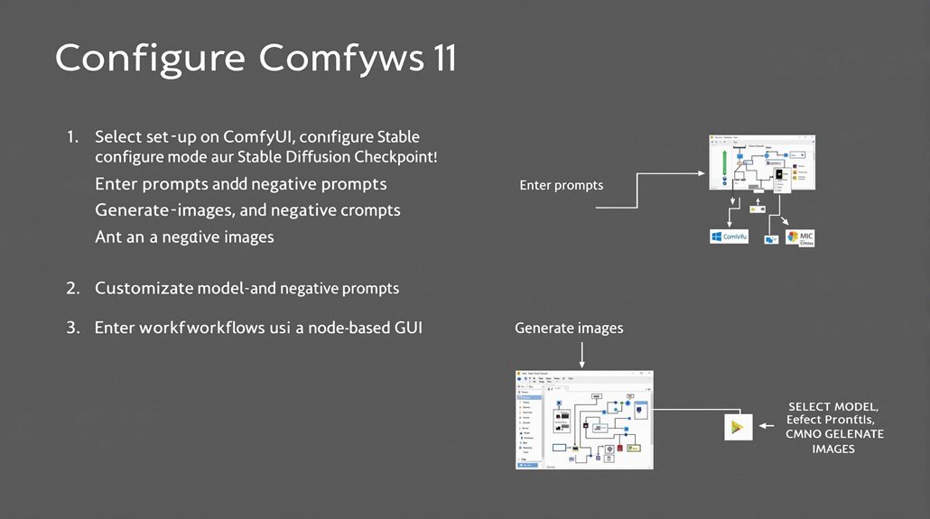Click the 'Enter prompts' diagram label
561,185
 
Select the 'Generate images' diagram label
568,328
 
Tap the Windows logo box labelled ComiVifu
729,236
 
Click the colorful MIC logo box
801,238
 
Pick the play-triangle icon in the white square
739,426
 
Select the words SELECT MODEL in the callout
832,407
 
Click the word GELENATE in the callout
847,435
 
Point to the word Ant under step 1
107,237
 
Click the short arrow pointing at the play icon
769,425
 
